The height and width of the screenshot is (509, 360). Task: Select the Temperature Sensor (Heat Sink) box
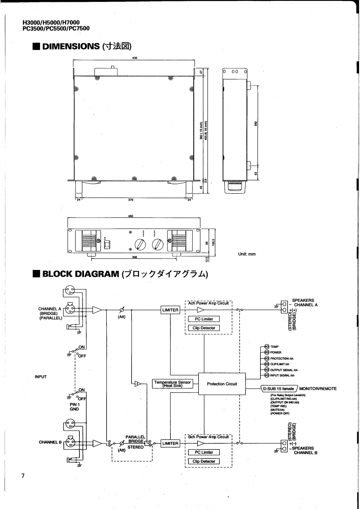click(x=173, y=384)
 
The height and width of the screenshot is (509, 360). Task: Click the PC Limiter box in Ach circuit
click(x=204, y=319)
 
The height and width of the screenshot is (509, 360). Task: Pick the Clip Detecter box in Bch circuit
click(x=204, y=461)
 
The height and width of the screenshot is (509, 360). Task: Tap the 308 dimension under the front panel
click(x=134, y=257)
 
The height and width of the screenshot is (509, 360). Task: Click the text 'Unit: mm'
click(x=247, y=254)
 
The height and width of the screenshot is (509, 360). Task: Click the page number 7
click(x=22, y=475)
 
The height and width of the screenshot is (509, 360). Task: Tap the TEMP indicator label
click(x=275, y=346)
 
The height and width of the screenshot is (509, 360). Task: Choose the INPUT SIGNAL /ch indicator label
click(x=282, y=375)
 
